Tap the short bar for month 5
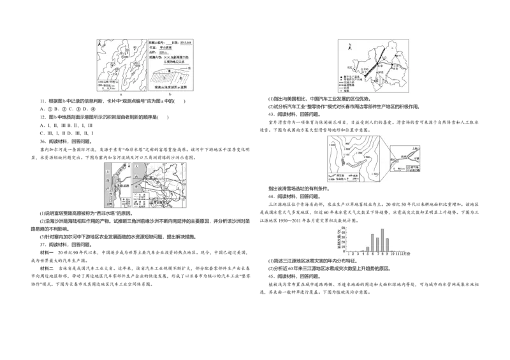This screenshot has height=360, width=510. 367,248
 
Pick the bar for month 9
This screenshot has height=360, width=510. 388,244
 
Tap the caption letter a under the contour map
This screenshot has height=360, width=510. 120,95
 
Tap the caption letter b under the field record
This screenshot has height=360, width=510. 170,95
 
